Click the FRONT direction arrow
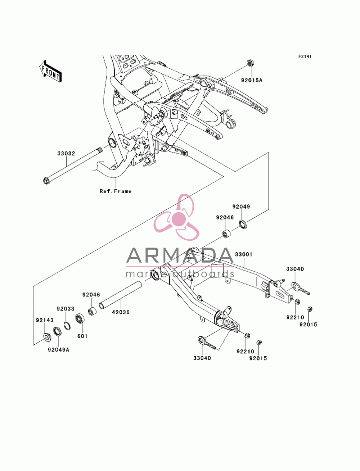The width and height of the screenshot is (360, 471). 50,71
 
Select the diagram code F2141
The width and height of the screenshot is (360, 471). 305,56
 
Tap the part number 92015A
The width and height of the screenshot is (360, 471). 252,81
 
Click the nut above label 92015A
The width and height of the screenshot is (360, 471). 250,63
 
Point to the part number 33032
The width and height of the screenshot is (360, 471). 66,154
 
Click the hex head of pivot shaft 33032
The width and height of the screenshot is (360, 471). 46,181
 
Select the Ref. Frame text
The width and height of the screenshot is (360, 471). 116,191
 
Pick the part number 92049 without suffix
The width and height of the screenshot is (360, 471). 241,207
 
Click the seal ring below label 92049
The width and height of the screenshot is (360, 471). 243,224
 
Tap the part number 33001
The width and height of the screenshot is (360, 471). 244,254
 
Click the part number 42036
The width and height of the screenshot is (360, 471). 121,312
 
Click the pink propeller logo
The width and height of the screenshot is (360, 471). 176,217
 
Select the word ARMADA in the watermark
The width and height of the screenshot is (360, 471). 180,255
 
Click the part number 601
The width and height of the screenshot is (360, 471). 82,336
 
